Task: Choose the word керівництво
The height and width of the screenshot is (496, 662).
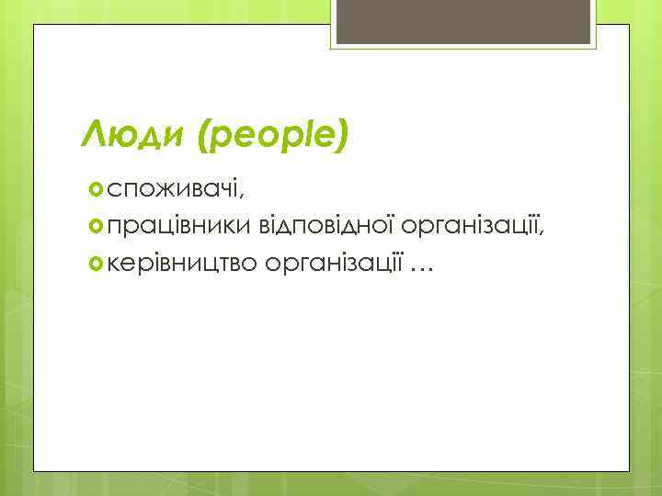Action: point(183,265)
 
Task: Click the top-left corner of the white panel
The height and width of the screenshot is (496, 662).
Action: point(35,26)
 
